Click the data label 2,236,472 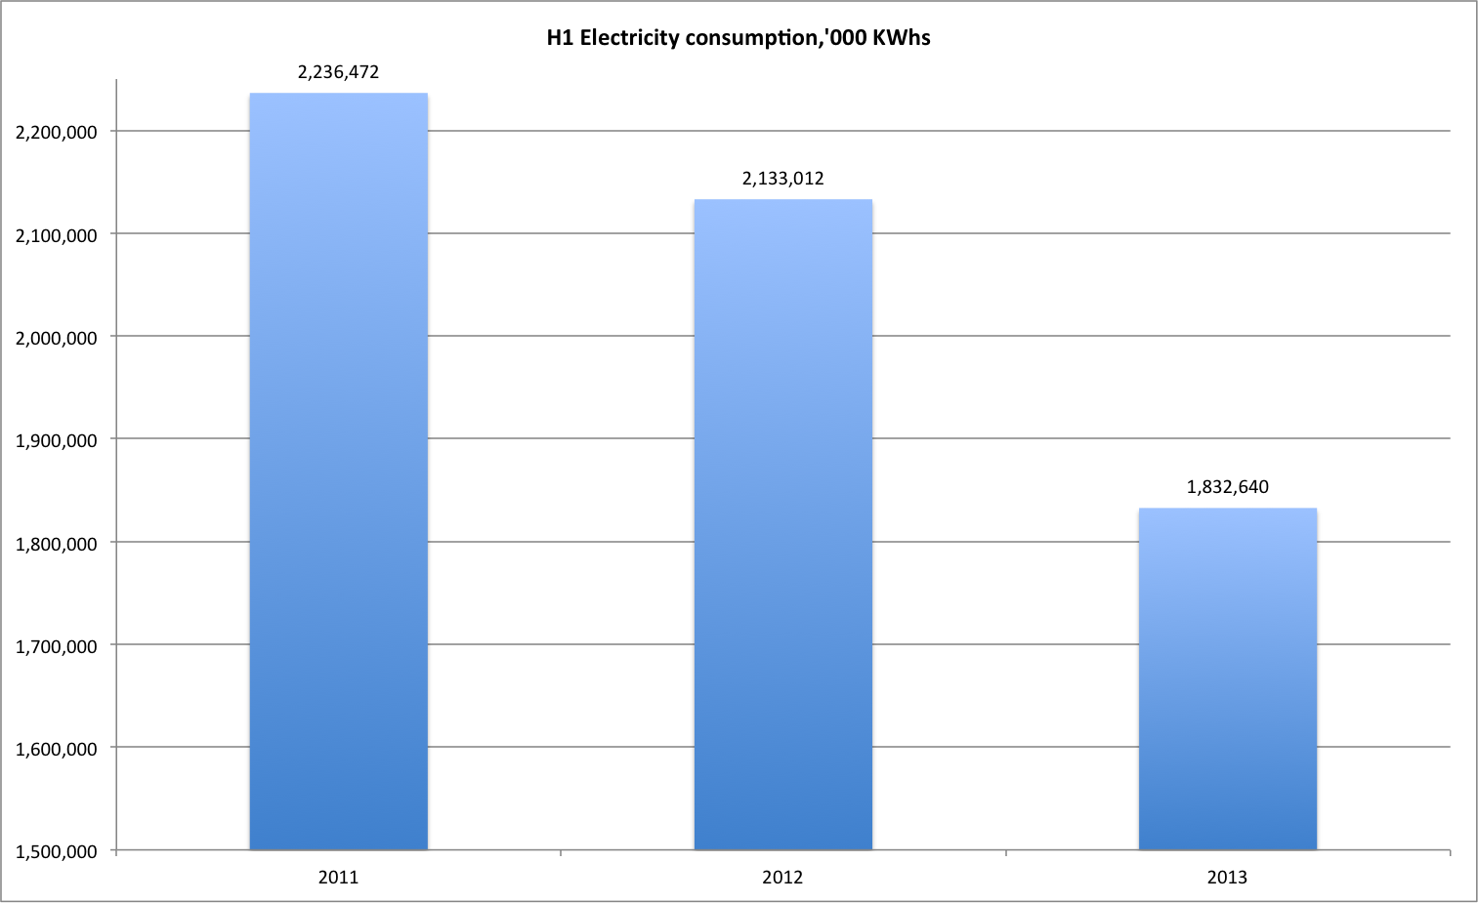[338, 72]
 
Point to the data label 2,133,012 [782, 179]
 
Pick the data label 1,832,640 [1227, 487]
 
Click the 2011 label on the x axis [338, 878]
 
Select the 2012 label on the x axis [782, 878]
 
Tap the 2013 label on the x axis [1227, 878]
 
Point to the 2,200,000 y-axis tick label [57, 133]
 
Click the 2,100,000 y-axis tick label [57, 235]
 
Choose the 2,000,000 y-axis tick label [57, 338]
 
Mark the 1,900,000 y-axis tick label [57, 440]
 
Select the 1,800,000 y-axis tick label [57, 544]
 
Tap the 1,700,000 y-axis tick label [57, 646]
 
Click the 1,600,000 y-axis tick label [57, 749]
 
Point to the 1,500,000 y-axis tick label [57, 851]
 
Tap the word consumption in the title [744, 38]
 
